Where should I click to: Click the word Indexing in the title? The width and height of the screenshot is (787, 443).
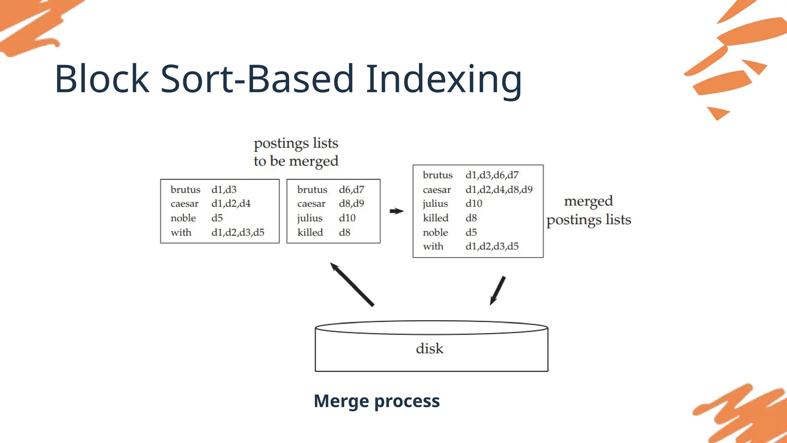[x=444, y=80]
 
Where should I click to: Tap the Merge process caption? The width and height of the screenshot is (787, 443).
[x=377, y=401]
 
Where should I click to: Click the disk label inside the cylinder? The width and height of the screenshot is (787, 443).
[x=429, y=349]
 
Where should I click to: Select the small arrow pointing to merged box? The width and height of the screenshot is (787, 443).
[x=396, y=211]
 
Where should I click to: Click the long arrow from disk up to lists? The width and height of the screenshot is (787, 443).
[x=352, y=284]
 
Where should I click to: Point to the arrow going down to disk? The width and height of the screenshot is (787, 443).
[x=498, y=291]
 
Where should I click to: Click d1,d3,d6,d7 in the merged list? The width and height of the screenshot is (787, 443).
[x=492, y=175]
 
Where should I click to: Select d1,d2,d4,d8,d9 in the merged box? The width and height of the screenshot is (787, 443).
[x=499, y=190]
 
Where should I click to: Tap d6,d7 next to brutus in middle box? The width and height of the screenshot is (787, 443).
[x=351, y=190]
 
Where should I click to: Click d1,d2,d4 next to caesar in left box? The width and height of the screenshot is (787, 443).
[x=231, y=204]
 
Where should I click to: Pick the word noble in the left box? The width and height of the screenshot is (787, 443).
[x=183, y=218]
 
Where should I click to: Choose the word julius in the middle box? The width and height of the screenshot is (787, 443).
[x=309, y=218]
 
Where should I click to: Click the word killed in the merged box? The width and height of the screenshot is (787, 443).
[x=435, y=218]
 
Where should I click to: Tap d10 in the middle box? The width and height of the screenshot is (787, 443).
[x=347, y=218]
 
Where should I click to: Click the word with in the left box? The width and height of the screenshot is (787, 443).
[x=181, y=233]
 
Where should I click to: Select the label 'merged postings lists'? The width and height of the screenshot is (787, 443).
[x=588, y=210]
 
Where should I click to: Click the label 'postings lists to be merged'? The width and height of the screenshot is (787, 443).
[x=296, y=152]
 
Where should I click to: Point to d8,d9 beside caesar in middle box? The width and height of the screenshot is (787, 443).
[x=351, y=204]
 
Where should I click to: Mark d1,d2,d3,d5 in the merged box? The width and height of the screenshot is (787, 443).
[x=492, y=246]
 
